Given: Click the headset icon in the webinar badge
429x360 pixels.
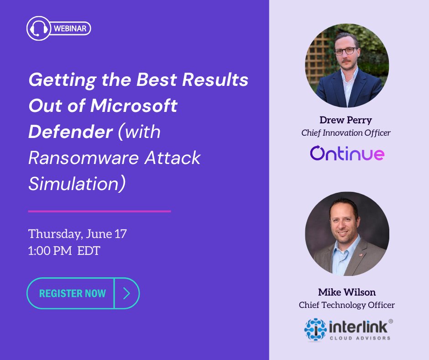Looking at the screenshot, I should pos(38,29).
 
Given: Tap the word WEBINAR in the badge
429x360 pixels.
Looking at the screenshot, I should pos(71,29).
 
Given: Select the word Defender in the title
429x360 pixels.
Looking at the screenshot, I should pos(70,132).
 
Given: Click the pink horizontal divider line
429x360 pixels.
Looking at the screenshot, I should pos(99,211).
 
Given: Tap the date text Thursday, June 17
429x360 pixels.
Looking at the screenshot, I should pos(78,234).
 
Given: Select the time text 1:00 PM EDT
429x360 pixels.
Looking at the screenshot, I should pos(64,251).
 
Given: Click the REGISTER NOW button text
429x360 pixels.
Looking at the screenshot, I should pos(73,293).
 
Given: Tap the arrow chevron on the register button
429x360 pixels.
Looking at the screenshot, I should pos(126,293).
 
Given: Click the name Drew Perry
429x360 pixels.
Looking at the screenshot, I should pos(346,120).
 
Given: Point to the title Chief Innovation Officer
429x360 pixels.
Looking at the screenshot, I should pos(346,133).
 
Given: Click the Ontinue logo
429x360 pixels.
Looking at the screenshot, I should pos(347,154).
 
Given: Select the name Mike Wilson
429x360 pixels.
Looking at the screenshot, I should pos(347,292).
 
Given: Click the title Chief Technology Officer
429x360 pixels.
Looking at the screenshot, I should pos(347,305).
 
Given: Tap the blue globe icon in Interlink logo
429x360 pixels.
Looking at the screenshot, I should pos(315,329).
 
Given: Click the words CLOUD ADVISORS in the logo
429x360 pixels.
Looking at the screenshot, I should pos(360,338).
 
